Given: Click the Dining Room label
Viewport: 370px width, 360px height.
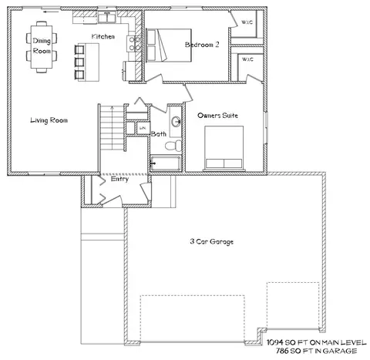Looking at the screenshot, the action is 42,45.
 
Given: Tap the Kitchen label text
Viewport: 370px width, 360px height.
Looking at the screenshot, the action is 103,36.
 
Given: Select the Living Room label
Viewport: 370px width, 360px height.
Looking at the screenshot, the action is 49,120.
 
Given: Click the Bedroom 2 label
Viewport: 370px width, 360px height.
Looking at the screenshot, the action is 202,45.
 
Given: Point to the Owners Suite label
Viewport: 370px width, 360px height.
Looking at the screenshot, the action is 217,116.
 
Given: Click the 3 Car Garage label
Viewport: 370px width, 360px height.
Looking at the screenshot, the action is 212,241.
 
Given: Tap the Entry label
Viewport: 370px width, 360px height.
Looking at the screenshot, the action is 119,179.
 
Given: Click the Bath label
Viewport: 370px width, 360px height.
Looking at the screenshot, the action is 159,133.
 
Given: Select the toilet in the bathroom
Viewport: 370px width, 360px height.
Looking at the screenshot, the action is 173,146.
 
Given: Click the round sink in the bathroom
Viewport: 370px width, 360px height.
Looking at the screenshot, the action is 177,121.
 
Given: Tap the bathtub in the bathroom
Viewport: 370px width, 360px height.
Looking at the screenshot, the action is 166,163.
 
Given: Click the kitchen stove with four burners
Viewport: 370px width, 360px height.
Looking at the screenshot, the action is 134,44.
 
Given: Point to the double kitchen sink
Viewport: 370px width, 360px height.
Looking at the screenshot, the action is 107,18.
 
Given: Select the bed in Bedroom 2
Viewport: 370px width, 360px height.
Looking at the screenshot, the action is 169,45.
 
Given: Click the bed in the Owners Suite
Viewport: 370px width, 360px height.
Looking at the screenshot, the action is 224,147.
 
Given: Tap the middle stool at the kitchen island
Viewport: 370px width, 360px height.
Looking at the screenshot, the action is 79,62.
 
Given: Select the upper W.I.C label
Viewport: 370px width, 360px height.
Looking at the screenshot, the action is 247,22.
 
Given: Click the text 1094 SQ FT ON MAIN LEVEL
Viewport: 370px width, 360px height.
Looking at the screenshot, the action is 316,342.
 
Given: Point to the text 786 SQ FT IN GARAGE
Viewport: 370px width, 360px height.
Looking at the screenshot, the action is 316,351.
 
